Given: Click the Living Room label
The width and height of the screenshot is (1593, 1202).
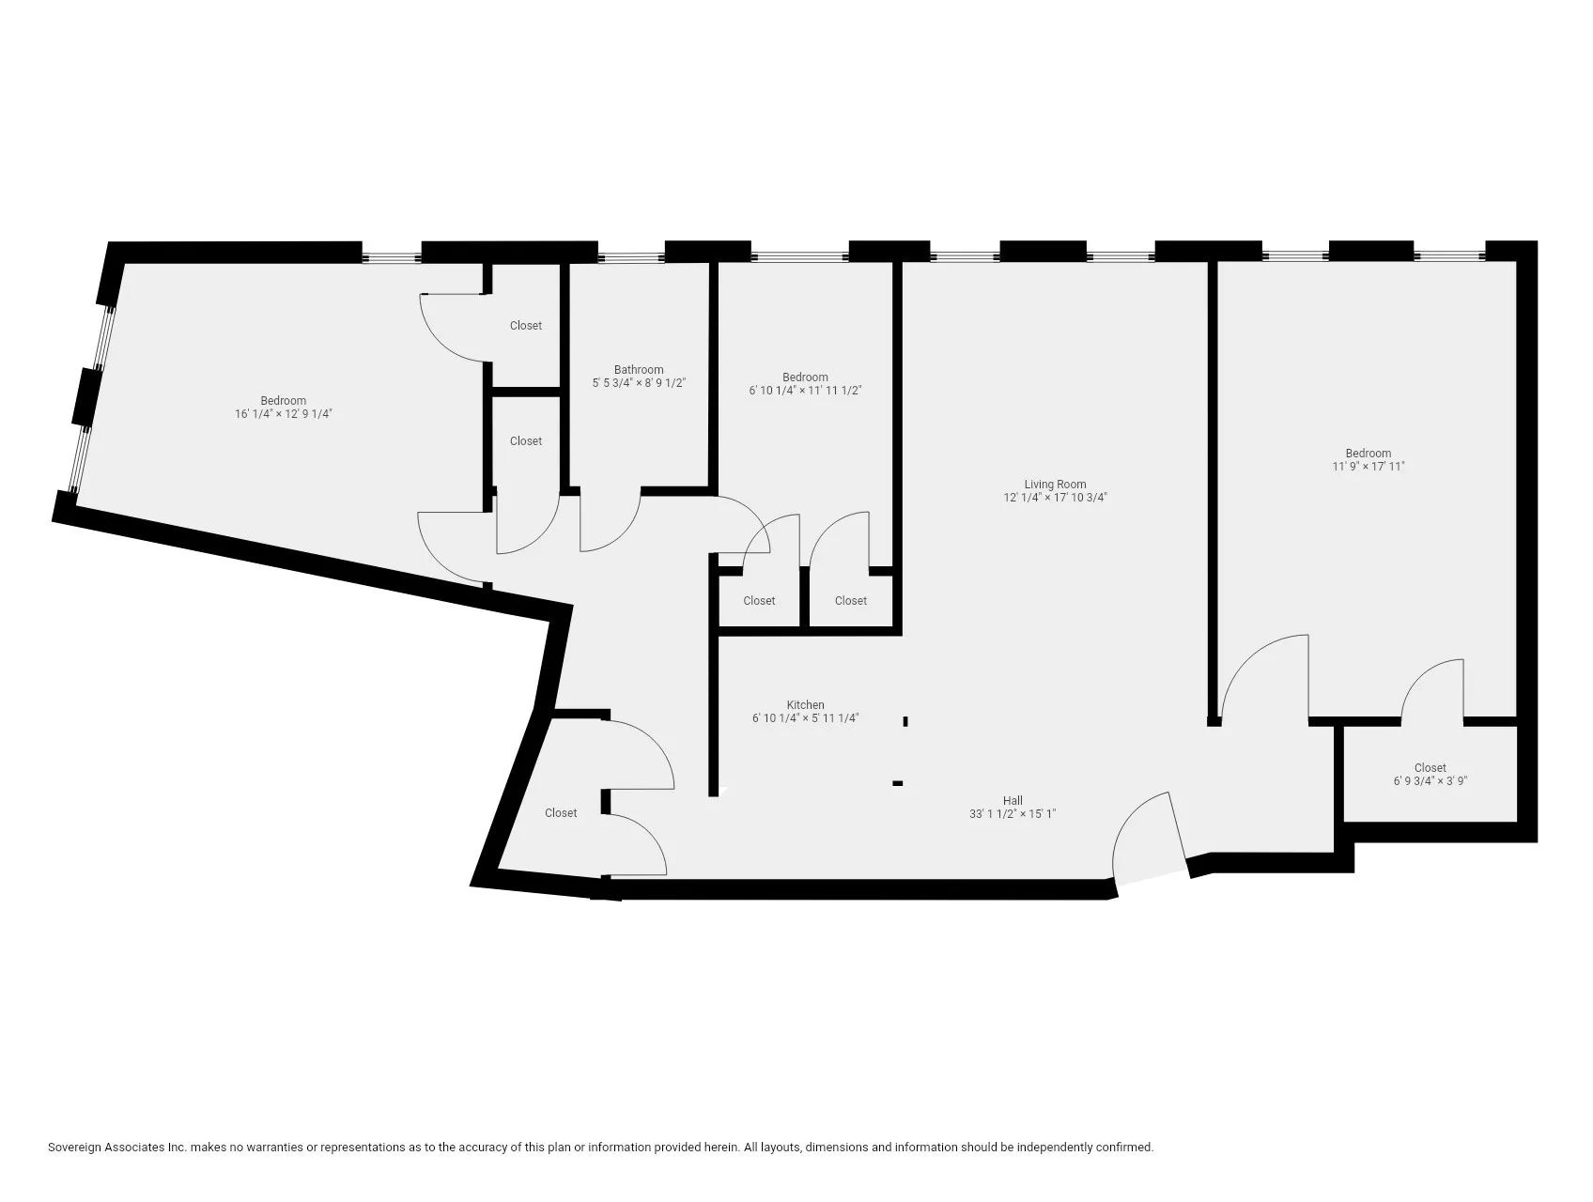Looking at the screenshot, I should pyautogui.click(x=1055, y=485).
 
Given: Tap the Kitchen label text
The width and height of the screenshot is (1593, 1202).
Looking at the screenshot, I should pyautogui.click(x=805, y=704).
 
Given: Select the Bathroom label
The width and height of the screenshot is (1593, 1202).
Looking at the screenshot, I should pyautogui.click(x=639, y=370).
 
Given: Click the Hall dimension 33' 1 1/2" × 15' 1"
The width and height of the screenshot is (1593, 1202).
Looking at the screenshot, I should pyautogui.click(x=1013, y=814).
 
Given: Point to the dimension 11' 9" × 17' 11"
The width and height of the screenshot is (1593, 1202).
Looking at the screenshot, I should pyautogui.click(x=1368, y=466).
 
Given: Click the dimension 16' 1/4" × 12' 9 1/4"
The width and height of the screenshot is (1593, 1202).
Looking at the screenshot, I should pyautogui.click(x=284, y=414).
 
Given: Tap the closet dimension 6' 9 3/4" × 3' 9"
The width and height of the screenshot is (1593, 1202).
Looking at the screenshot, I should pyautogui.click(x=1430, y=780).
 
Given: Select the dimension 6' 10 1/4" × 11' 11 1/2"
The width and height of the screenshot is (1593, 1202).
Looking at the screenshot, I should pyautogui.click(x=805, y=391).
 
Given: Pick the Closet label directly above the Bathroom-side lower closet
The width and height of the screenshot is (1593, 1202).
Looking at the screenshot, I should pyautogui.click(x=526, y=326).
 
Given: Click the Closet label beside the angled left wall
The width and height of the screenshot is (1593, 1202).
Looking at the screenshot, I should pyautogui.click(x=561, y=813).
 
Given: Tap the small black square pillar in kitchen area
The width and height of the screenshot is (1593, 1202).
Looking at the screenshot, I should pyautogui.click(x=898, y=783).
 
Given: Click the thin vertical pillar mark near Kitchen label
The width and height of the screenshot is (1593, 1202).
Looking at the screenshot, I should pyautogui.click(x=905, y=721).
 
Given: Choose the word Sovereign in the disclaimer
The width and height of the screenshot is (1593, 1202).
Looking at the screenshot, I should pyautogui.click(x=78, y=1148).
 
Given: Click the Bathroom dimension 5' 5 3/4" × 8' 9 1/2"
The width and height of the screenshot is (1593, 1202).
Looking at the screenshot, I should pyautogui.click(x=639, y=383).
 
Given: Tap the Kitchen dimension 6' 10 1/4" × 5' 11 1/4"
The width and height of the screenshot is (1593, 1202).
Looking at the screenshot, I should pyautogui.click(x=805, y=718).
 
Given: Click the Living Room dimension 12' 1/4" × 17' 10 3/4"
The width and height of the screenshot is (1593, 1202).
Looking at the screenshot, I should pyautogui.click(x=1055, y=499).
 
